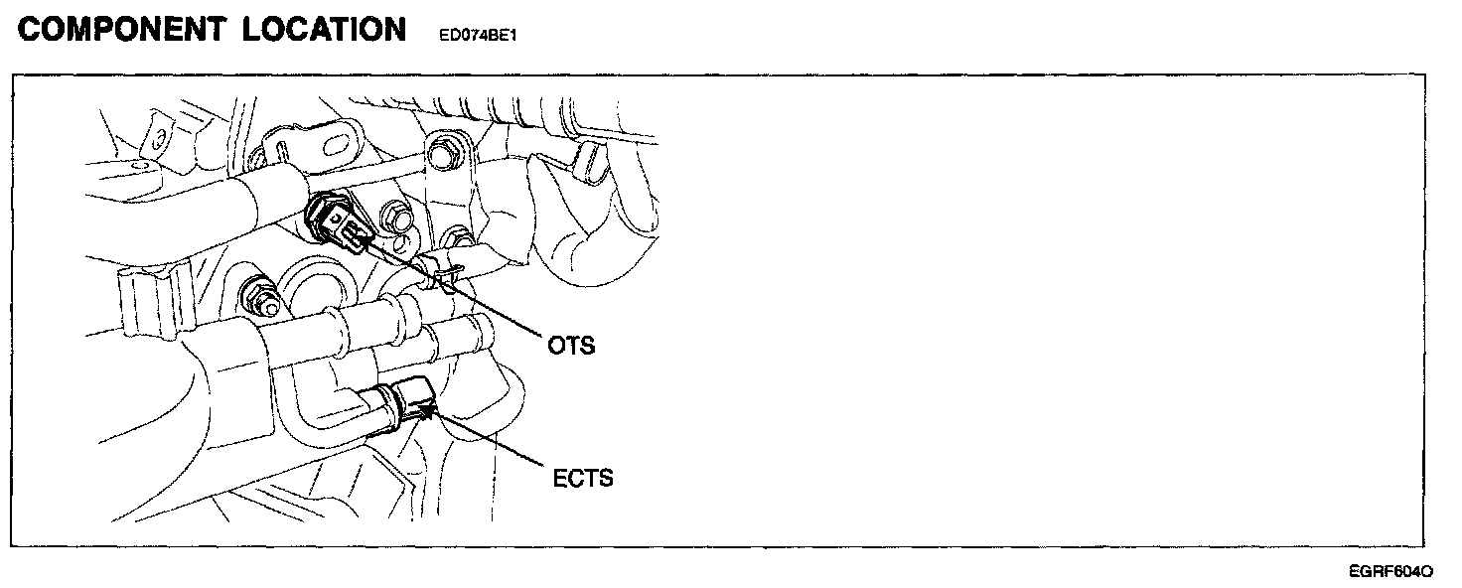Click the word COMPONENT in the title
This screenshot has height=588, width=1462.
(121, 30)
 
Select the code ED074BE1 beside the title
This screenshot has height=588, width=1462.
(479, 36)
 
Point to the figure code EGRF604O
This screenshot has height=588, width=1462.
(1390, 571)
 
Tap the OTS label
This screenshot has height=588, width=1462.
(571, 346)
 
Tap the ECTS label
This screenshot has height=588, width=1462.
(583, 478)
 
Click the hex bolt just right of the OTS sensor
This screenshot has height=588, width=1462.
(400, 218)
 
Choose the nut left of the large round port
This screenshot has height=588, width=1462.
(253, 294)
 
